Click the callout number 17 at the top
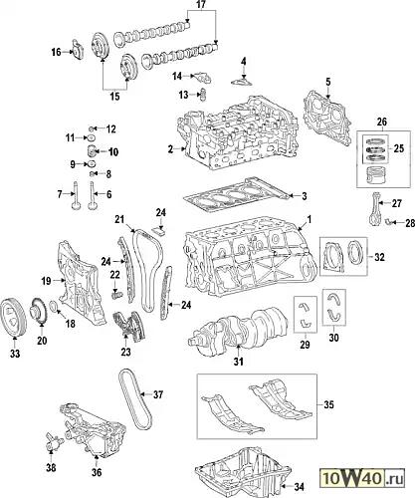(201, 4)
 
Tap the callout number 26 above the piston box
(382, 123)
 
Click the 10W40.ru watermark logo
(362, 479)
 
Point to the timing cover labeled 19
(80, 286)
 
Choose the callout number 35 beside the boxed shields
(328, 404)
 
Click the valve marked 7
(76, 196)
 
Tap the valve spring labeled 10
(92, 151)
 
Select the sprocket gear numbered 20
(39, 311)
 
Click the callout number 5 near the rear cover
(327, 82)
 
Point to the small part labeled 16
(78, 49)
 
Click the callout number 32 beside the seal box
(379, 257)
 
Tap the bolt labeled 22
(116, 294)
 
